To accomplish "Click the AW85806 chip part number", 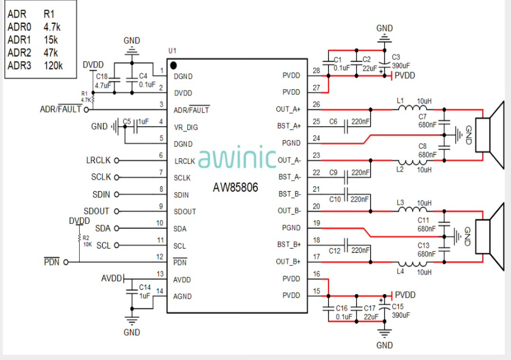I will click(x=236, y=187).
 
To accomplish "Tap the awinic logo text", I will click(x=237, y=158).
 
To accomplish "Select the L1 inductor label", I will click(x=400, y=100).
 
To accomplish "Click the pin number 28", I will click(x=316, y=71).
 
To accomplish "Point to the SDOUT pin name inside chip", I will click(x=185, y=212).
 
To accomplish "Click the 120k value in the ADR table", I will click(x=53, y=65).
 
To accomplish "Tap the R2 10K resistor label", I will click(x=86, y=241).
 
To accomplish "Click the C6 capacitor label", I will click(x=333, y=121).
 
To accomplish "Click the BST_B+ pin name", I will click(x=289, y=244).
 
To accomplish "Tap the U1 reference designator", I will click(x=172, y=51).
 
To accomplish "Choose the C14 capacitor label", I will click(x=145, y=287).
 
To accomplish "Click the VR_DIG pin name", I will click(x=186, y=127).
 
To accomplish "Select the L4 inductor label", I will click(x=400, y=271).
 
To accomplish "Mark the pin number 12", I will click(x=160, y=257).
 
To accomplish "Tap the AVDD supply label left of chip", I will click(x=111, y=278).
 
